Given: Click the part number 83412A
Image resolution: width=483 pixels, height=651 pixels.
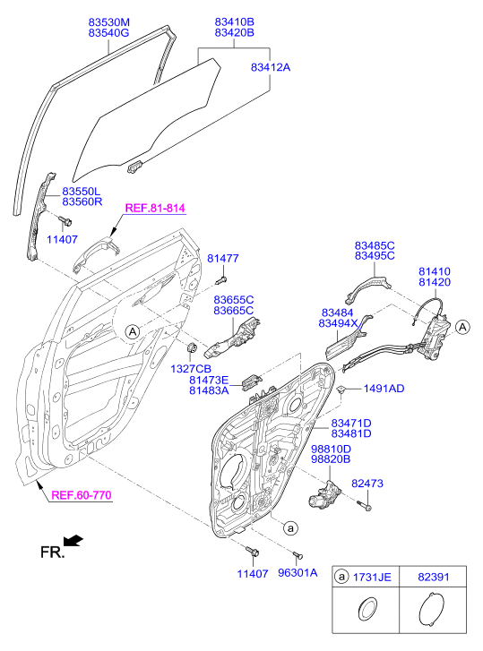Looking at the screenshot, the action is coord(271,67).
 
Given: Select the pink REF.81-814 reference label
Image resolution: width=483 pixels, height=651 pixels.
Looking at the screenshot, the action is coord(155,208).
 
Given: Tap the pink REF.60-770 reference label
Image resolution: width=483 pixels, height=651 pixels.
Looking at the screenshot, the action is coord(82,495).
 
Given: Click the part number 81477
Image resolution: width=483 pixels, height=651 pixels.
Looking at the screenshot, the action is coord(223,258).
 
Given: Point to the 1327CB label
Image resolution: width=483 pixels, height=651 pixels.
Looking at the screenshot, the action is coord(191,369).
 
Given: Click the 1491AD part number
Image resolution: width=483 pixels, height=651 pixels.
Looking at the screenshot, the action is coord(384,389).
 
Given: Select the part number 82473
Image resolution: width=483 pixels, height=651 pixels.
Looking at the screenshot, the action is coord(367,484).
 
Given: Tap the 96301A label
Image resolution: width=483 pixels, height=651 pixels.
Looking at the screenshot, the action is coord(298,573).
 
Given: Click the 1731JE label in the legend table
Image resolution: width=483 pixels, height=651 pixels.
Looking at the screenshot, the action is coord(372,578).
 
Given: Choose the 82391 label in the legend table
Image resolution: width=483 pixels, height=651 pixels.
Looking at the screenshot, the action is coord(434,577).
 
